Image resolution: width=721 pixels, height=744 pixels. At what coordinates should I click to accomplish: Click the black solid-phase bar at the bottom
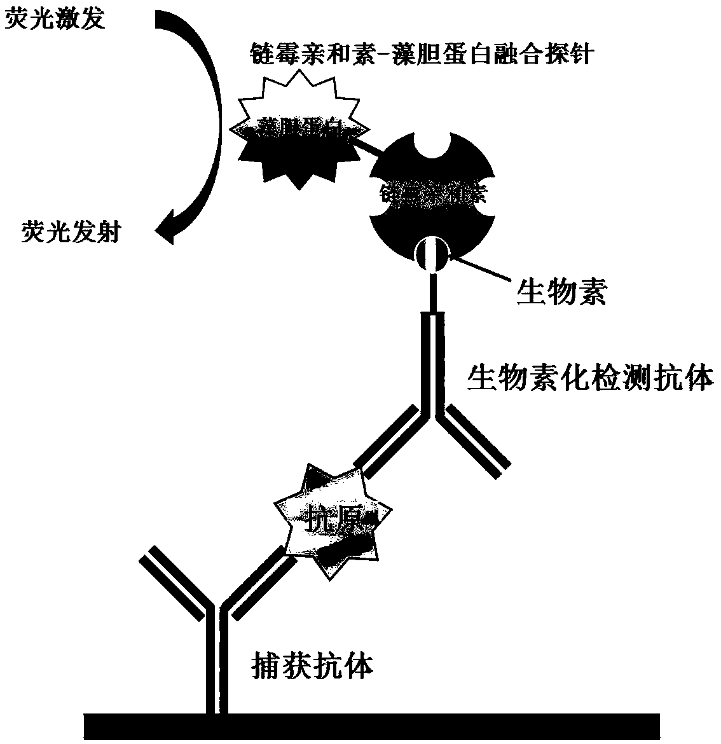(x=371, y=726)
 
